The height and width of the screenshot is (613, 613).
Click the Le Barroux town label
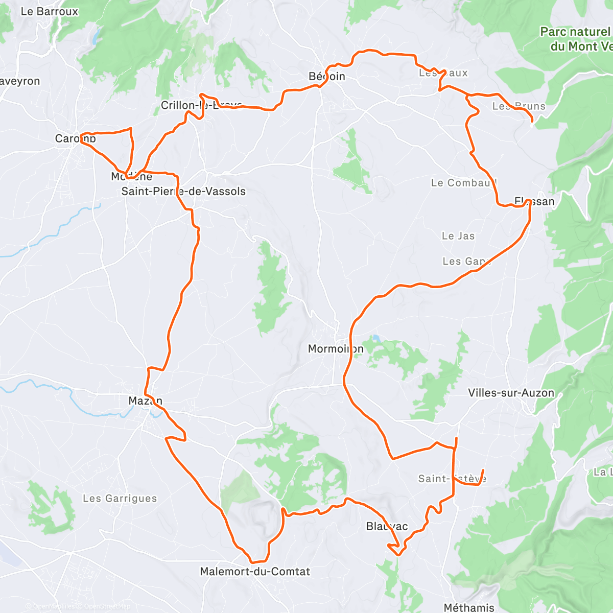point(50,11)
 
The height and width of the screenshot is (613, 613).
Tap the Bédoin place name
point(327,77)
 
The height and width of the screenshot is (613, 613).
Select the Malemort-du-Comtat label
point(255,571)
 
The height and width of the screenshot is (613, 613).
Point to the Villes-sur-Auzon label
point(511,393)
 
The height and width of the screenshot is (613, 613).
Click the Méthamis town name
point(469,607)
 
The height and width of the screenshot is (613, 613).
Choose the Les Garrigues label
point(120,498)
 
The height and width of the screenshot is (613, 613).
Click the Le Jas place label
point(458,236)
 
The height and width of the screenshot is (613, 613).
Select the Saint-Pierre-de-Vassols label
point(183,192)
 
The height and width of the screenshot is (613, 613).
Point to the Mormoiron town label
point(336,349)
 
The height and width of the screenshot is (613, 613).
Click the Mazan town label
point(146,401)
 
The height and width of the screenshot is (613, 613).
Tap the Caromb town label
point(76,138)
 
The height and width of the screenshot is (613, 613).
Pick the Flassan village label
point(534,201)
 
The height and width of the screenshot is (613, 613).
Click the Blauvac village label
point(387,526)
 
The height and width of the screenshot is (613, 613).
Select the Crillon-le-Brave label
point(201,105)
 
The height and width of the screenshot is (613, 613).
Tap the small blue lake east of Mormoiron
point(376,338)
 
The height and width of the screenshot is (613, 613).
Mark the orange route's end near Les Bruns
point(532,122)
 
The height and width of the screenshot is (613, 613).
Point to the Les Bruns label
point(519,106)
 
